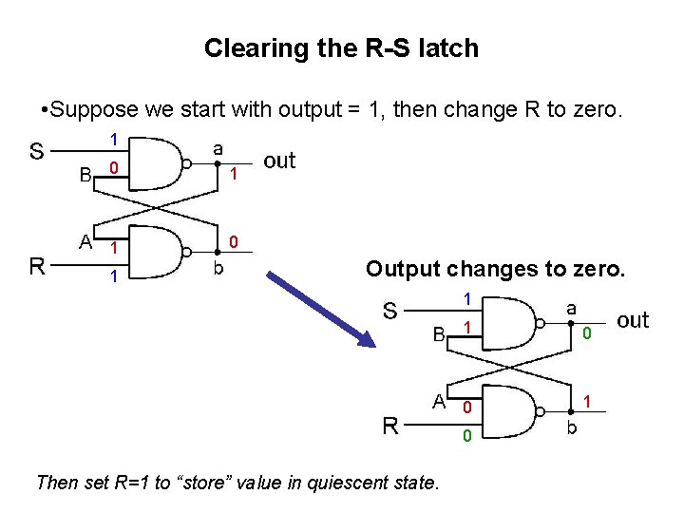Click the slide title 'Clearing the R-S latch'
tap(341, 47)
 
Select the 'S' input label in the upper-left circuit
tap(36, 150)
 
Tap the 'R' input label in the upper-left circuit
tap(37, 265)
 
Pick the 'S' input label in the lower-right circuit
tap(390, 310)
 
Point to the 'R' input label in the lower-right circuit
tap(390, 425)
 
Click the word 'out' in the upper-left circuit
tap(279, 161)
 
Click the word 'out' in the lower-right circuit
tap(633, 320)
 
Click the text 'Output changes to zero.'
tap(496, 269)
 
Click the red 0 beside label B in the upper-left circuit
tap(113, 170)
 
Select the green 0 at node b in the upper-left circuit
tap(235, 240)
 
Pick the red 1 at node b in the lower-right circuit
tap(587, 402)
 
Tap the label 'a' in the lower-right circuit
tap(571, 308)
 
